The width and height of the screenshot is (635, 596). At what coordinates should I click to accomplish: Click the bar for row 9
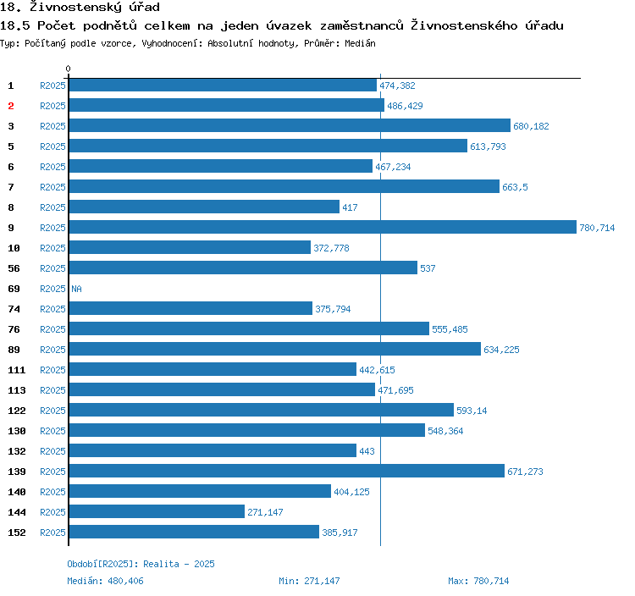[322, 228]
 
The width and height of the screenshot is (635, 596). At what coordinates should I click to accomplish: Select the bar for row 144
[157, 512]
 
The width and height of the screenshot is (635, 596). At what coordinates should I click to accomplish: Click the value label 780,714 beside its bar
[597, 228]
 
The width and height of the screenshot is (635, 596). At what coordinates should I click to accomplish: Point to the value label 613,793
[488, 146]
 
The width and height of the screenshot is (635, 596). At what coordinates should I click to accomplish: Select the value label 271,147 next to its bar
[265, 512]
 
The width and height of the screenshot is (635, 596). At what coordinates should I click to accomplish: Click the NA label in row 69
[76, 289]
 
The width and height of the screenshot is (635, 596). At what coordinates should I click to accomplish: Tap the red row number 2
[11, 106]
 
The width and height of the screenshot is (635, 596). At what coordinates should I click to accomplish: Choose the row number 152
[17, 533]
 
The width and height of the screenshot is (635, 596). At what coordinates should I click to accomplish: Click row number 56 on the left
[14, 268]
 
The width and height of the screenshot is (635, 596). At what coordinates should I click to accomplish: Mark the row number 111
[17, 370]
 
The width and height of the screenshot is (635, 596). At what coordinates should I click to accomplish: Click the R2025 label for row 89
[52, 350]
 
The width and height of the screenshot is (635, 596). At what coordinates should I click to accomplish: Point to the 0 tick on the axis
[69, 69]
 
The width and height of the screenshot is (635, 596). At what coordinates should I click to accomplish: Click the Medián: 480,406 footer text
[106, 581]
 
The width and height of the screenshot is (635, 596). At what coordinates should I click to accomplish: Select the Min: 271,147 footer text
[309, 581]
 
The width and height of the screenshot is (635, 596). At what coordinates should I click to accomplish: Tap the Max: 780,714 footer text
[478, 581]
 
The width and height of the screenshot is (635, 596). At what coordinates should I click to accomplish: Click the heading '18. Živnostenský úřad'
[80, 8]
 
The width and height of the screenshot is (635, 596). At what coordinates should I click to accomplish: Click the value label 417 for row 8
[350, 207]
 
